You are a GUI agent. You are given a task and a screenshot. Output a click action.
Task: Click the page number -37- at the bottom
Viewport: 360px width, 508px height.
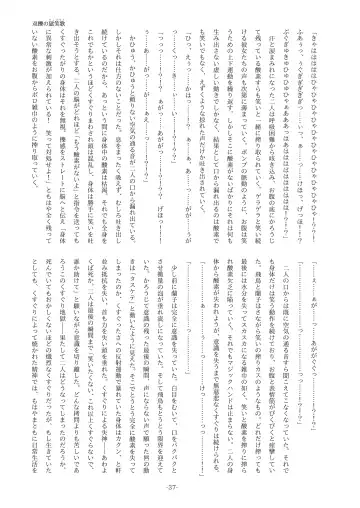[x=179, y=489]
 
